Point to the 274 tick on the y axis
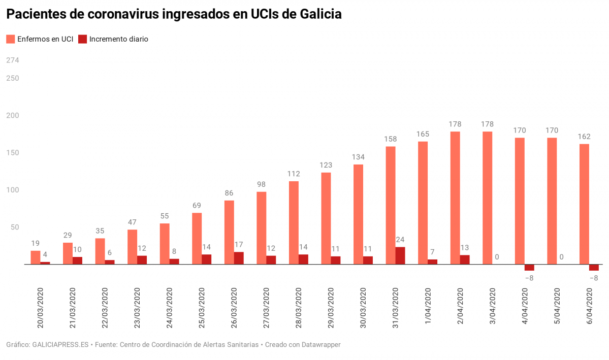point(13,60)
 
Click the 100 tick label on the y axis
point(13,190)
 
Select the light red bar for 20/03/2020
point(36,257)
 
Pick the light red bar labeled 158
point(390,205)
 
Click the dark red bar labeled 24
point(400,255)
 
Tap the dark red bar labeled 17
point(239,258)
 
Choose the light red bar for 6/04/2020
point(584,204)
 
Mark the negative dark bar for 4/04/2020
point(529,268)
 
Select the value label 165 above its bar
point(423,134)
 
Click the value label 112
point(294,174)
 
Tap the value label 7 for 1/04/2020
point(432,252)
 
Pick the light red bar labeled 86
point(229,233)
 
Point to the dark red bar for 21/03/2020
point(77,260)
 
